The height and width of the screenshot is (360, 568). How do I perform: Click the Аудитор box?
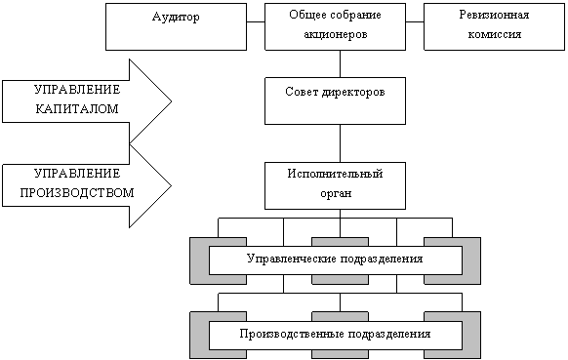[x=176, y=26]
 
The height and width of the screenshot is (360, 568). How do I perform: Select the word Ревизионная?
[x=494, y=15]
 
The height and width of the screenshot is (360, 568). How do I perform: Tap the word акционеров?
[x=336, y=34]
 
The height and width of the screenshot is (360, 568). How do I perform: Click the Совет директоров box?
[x=335, y=100]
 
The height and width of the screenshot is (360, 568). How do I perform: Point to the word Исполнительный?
[x=335, y=174]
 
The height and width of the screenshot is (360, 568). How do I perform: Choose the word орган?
[x=336, y=194]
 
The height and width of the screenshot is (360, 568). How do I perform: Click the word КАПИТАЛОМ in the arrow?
[x=77, y=109]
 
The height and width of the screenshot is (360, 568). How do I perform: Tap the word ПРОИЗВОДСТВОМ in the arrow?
[x=77, y=192]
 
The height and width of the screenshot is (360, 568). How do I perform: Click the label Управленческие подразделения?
[x=335, y=260]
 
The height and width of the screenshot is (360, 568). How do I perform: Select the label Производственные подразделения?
[x=335, y=334]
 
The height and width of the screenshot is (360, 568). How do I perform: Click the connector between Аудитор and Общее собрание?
[x=256, y=21]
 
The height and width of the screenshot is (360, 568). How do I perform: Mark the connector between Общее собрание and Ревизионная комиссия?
[x=415, y=21]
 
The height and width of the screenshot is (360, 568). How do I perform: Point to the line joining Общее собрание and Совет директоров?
[x=340, y=63]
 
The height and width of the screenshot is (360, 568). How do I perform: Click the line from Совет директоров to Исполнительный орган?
[x=340, y=143]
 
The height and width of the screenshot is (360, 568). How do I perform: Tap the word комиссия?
[x=494, y=34]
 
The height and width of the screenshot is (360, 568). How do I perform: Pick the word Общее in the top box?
[x=305, y=15]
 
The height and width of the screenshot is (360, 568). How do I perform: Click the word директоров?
[x=353, y=93]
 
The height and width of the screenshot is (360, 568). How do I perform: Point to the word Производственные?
[x=292, y=334]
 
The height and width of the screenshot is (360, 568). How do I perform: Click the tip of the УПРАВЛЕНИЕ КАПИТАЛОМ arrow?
[x=171, y=101]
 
